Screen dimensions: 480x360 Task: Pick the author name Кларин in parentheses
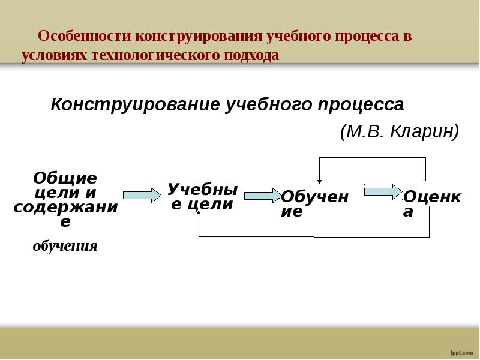424,130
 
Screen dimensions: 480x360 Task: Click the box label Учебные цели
202,196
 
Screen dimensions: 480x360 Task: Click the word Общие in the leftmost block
65,178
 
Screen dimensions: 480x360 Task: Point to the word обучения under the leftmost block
65,245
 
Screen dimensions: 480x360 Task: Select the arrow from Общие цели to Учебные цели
142,195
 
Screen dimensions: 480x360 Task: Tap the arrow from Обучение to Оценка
383,191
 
